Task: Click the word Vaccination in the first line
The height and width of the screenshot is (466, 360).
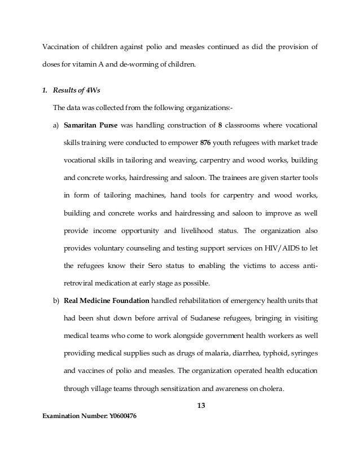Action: [x=61, y=47]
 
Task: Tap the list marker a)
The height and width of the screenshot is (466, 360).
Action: [x=56, y=124]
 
